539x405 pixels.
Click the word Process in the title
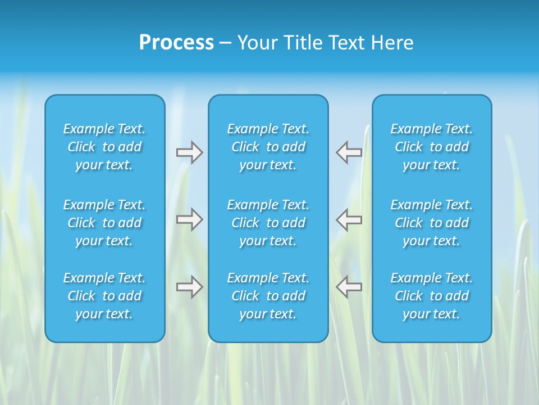[x=176, y=43]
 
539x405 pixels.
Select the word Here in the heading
[x=392, y=43]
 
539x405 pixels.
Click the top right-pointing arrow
[x=189, y=152]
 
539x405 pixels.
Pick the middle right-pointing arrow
[x=189, y=219]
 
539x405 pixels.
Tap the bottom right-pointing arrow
[x=189, y=287]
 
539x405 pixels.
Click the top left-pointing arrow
[x=349, y=152]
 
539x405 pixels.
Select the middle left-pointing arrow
[x=349, y=219]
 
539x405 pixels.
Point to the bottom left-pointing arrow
[x=349, y=287]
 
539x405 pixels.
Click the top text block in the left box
[x=104, y=147]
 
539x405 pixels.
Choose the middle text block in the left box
[x=104, y=223]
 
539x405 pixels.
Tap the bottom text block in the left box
[x=104, y=296]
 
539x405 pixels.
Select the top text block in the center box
[x=268, y=147]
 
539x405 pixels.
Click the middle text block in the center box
[x=268, y=223]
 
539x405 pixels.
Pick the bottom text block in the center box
[x=268, y=296]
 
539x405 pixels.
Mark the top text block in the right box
[x=432, y=147]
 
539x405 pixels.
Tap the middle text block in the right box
[x=432, y=223]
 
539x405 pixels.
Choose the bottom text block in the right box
[x=432, y=296]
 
